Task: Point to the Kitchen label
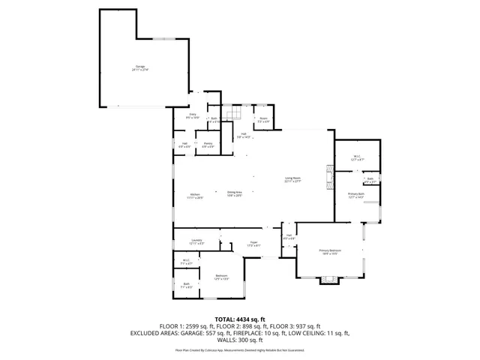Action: [x=194, y=196]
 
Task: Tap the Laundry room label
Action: [x=196, y=242]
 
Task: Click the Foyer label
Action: [x=254, y=244]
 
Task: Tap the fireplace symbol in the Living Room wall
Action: [x=328, y=177]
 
